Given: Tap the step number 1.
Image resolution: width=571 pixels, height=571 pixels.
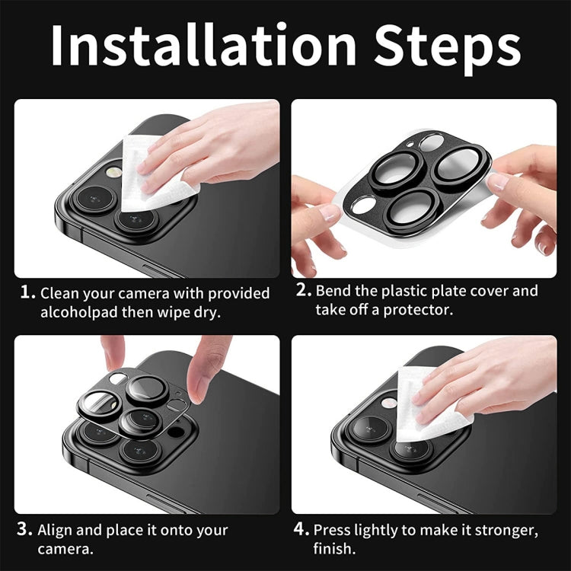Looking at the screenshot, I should pyautogui.click(x=27, y=292).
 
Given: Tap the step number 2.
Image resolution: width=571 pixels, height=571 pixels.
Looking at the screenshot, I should pyautogui.click(x=303, y=290).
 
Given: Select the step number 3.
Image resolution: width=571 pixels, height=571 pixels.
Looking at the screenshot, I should pyautogui.click(x=26, y=530).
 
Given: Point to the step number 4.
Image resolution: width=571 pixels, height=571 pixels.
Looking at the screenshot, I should pyautogui.click(x=302, y=529).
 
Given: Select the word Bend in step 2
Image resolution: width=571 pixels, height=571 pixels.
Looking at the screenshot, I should pyautogui.click(x=334, y=291).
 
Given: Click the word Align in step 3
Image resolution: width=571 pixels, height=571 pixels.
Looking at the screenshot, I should pyautogui.click(x=55, y=531).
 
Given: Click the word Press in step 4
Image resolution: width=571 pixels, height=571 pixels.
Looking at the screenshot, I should pyautogui.click(x=333, y=530).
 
